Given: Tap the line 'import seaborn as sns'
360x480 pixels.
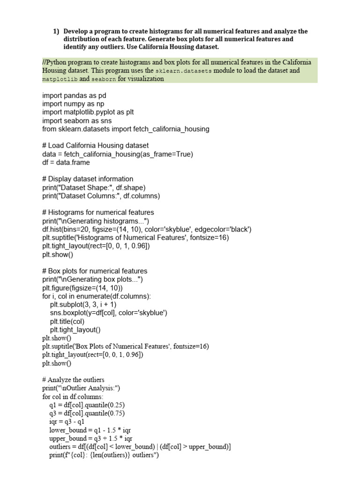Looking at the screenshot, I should [x=77, y=120].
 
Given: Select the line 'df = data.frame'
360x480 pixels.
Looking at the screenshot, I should [x=66, y=163].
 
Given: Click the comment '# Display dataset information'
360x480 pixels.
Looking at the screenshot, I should [x=88, y=179].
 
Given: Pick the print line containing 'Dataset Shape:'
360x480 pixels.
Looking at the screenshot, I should [x=94, y=187].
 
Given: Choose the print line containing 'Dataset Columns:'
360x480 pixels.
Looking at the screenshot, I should [x=101, y=196].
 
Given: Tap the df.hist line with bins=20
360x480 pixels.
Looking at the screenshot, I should [x=147, y=230].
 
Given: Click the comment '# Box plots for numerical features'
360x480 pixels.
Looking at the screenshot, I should [x=95, y=271].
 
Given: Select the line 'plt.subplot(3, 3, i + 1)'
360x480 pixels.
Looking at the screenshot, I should [x=83, y=304].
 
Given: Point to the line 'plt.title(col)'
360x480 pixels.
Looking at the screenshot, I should [x=67, y=321].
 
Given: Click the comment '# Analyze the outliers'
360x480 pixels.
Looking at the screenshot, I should [x=73, y=380].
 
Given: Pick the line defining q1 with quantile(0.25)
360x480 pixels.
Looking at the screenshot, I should [x=87, y=405].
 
